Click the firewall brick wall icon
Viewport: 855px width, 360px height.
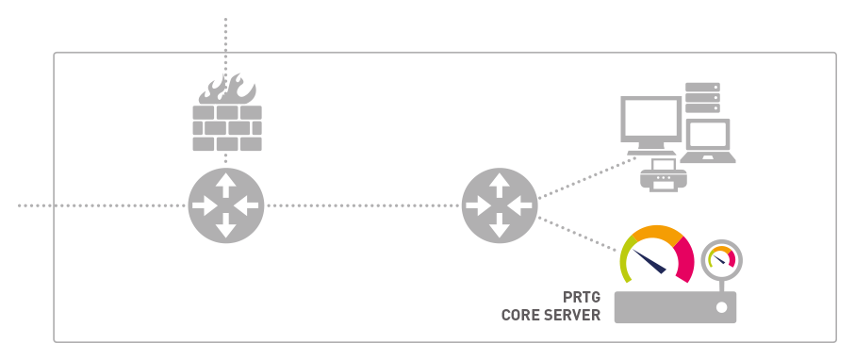227,128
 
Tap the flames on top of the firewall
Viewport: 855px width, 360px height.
227,89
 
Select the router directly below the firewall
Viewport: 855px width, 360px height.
225,205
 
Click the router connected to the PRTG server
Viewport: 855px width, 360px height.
500,205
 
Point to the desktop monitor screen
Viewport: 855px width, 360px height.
651,121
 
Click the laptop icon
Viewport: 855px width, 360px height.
708,140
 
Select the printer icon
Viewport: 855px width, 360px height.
663,175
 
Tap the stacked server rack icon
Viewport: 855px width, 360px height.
702,98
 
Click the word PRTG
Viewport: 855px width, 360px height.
582,298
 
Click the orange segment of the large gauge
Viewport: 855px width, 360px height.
656,232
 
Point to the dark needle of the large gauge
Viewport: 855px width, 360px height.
649,261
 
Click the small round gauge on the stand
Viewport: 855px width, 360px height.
721,258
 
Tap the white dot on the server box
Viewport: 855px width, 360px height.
721,307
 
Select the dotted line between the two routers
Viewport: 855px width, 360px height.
363,205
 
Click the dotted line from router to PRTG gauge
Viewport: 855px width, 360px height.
578,234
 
